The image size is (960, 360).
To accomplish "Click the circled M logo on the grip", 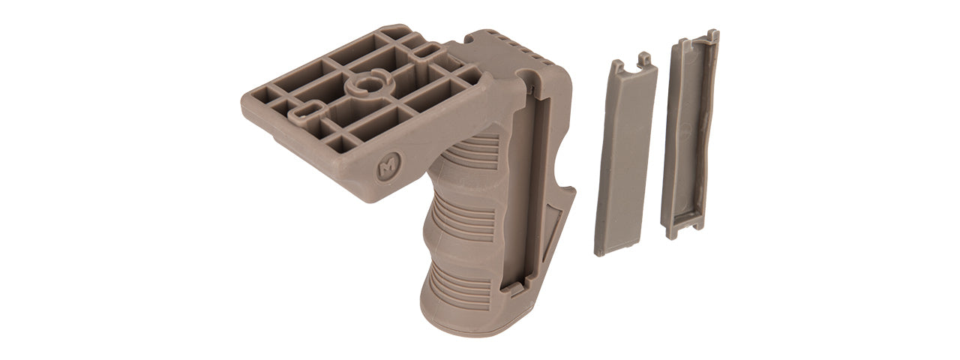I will [387, 169].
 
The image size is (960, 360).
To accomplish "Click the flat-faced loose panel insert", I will [625, 157].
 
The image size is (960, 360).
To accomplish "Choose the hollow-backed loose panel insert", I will [688, 135].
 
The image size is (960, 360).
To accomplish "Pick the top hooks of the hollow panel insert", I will [701, 36].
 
